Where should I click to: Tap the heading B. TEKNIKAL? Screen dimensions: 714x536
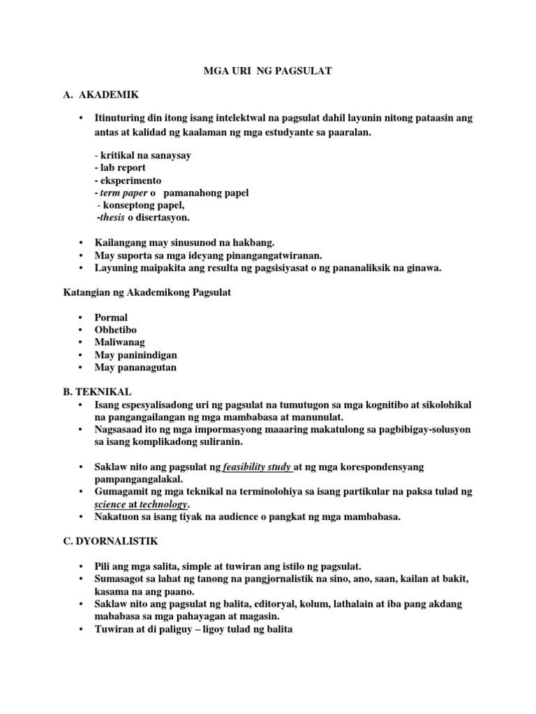(x=97, y=392)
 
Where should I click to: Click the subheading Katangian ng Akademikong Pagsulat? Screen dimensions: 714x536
(x=147, y=293)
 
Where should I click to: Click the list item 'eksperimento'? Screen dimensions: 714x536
(x=129, y=181)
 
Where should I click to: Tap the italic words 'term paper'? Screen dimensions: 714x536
(x=121, y=193)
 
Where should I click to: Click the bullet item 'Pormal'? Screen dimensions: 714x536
(x=111, y=318)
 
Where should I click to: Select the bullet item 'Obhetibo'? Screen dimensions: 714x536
(x=115, y=331)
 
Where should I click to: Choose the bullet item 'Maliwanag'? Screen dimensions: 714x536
(x=119, y=343)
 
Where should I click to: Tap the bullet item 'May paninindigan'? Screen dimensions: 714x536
(x=135, y=355)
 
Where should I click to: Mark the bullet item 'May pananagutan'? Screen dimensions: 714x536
(x=135, y=367)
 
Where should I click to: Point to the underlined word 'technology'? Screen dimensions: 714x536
(x=163, y=504)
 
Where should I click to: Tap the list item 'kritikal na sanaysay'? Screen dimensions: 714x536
(x=144, y=155)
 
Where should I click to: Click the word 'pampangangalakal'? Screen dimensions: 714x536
(x=137, y=479)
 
